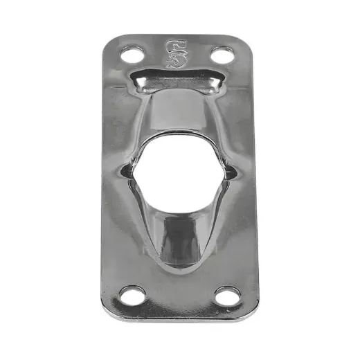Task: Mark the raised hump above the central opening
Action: pyautogui.click(x=177, y=114)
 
